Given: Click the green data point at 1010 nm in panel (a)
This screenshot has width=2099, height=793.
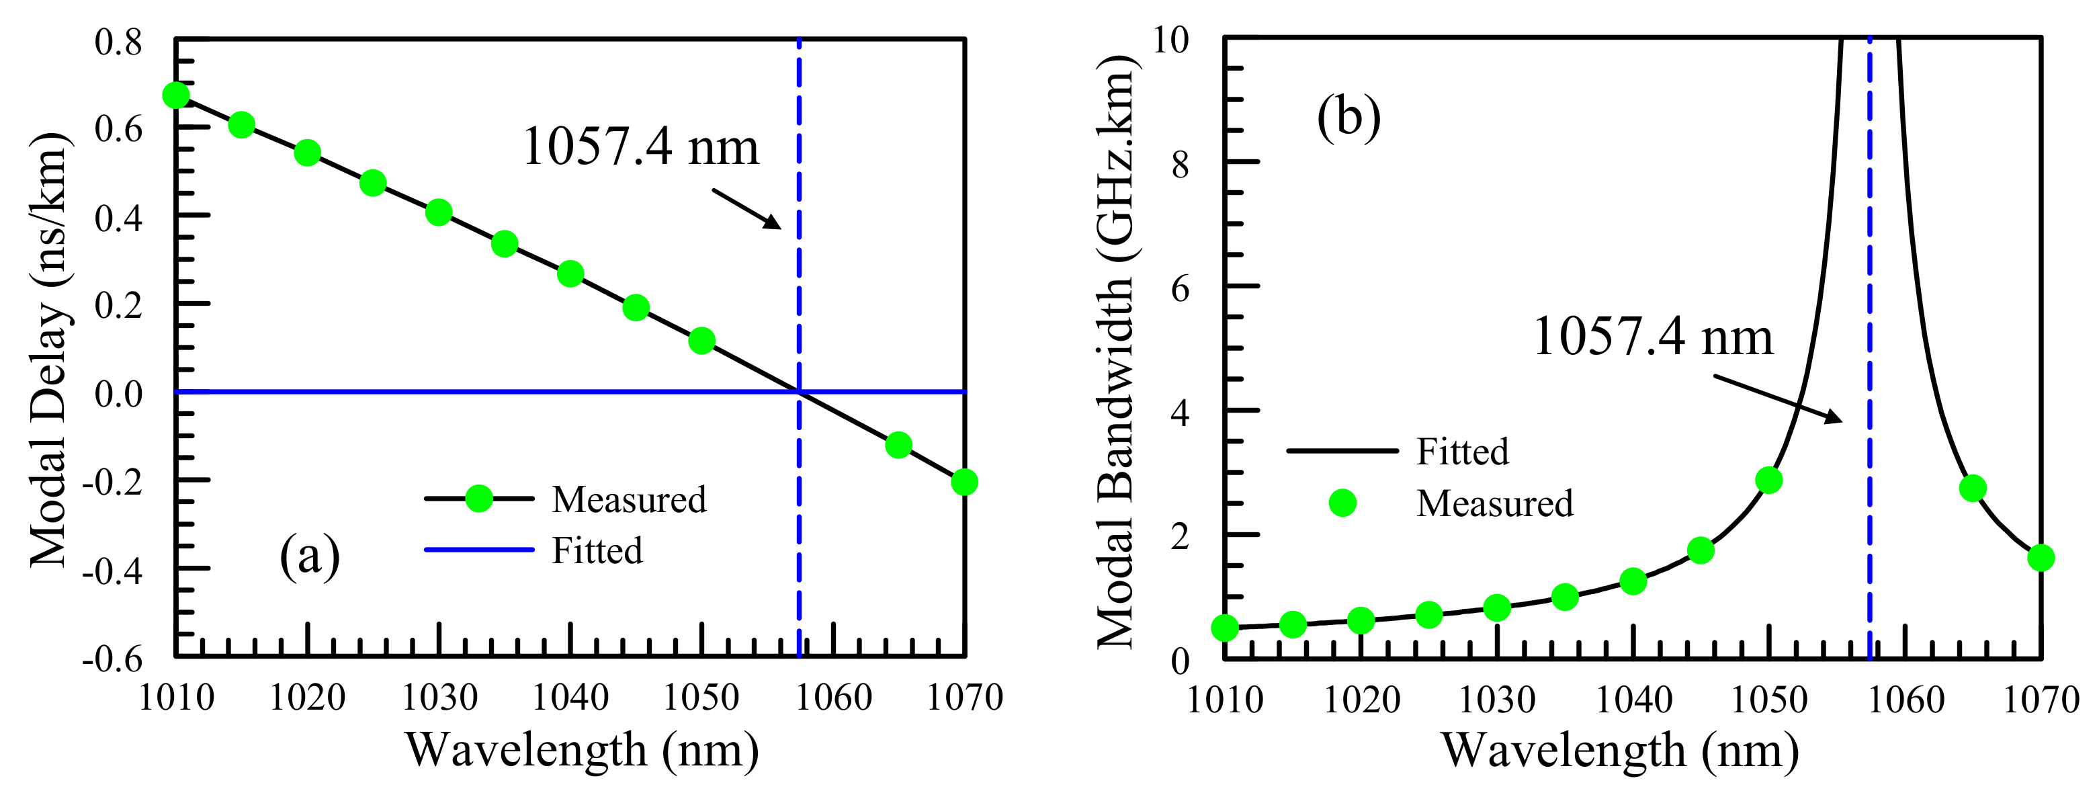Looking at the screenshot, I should [x=176, y=95].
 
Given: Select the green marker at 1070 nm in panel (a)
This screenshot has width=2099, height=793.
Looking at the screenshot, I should [x=964, y=482].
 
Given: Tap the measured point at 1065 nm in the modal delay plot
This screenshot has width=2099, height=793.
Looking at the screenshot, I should [x=898, y=445].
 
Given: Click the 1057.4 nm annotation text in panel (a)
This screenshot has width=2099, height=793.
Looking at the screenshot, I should [x=640, y=148].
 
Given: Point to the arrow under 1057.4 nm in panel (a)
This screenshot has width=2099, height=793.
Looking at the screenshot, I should [x=746, y=208].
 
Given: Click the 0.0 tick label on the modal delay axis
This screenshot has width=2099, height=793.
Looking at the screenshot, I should [x=119, y=394].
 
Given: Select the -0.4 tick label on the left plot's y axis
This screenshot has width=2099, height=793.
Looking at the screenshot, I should [x=112, y=571].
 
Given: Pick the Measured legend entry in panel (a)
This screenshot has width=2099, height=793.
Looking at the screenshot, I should [x=628, y=499].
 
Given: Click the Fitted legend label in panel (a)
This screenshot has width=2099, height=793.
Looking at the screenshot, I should [x=597, y=551].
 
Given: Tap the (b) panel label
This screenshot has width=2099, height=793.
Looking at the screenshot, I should [x=1348, y=116].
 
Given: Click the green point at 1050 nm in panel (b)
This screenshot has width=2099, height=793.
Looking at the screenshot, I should [x=1768, y=480].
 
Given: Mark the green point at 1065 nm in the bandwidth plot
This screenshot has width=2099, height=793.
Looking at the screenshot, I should [x=1972, y=488].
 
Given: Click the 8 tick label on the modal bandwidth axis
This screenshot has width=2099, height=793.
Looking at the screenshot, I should [x=1180, y=165].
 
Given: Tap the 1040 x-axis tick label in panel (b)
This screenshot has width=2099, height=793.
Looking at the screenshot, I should [x=1633, y=700].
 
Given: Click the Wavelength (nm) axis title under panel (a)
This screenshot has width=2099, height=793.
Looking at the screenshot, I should [x=582, y=751].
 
